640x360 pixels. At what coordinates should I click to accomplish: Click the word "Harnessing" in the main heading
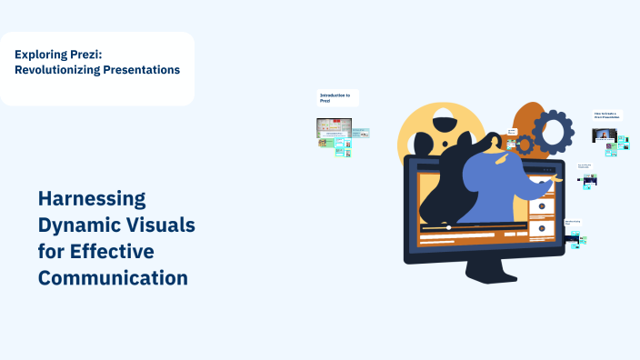click(92, 198)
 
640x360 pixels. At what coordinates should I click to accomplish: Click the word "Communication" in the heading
click(113, 277)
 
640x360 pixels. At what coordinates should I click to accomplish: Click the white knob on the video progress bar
click(448, 227)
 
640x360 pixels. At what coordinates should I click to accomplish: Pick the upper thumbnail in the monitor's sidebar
click(542, 206)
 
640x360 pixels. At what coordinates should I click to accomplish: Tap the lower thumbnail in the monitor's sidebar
click(542, 228)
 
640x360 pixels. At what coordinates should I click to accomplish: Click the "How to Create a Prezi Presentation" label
click(606, 115)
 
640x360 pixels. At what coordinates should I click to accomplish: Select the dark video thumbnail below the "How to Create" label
click(605, 135)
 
